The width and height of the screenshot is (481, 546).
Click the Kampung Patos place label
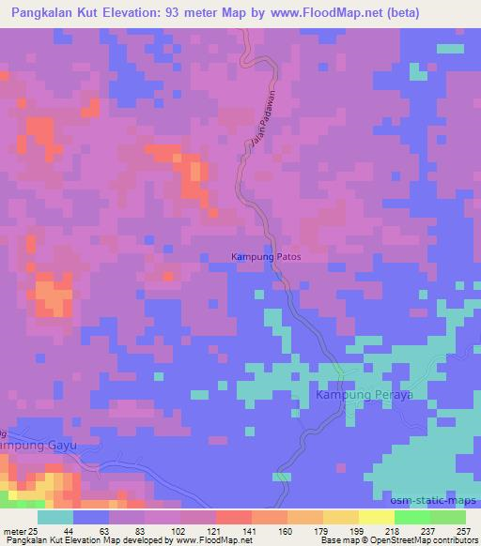pos(266,255)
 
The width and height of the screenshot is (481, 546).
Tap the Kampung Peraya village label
pos(365,396)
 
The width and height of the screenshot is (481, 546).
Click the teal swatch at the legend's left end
pos(54,517)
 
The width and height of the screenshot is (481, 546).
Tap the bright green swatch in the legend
pos(411,517)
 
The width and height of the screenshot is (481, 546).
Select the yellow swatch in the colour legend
pos(376,517)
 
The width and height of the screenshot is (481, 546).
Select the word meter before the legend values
pos(13,530)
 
